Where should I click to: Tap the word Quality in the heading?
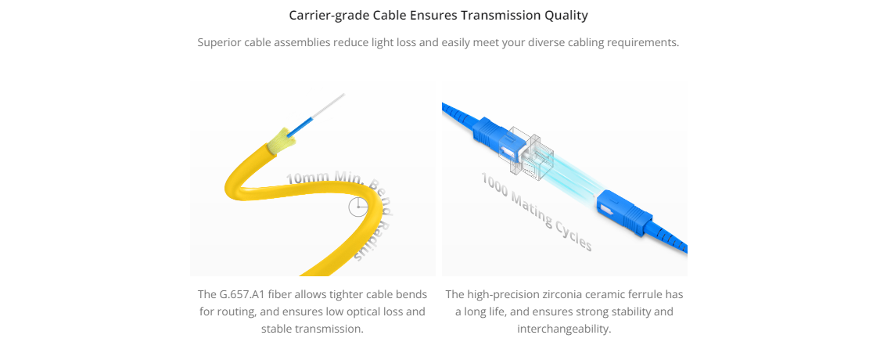(x=566, y=16)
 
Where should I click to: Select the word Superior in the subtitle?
(x=219, y=43)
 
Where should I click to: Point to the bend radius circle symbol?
(x=357, y=207)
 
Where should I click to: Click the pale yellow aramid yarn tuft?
(x=280, y=140)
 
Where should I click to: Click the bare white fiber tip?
(x=328, y=106)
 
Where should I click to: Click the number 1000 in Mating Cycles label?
(x=494, y=188)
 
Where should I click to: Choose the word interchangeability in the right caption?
(x=564, y=329)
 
